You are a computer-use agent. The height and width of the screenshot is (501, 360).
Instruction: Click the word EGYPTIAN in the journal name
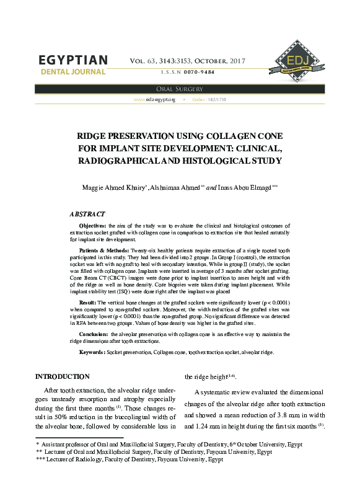pos(73,60)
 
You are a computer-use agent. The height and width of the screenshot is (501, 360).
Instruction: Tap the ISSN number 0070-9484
pos(201,73)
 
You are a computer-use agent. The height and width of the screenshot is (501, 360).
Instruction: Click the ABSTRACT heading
pos(87,214)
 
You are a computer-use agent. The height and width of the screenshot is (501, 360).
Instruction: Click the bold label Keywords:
pos(92,352)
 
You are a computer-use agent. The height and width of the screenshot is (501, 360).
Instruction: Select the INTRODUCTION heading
pos(63,376)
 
